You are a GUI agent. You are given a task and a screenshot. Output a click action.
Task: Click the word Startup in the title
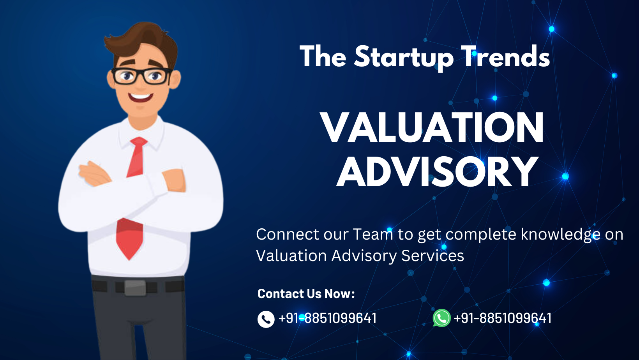[404, 58]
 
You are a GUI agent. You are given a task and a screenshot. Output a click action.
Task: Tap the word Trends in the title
[505, 56]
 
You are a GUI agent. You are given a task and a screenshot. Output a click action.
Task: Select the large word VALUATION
[432, 127]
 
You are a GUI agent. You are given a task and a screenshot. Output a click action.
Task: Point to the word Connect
[288, 234]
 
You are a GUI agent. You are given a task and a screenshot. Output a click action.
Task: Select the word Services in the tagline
[432, 255]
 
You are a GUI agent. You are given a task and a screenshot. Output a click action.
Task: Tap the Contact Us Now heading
[306, 293]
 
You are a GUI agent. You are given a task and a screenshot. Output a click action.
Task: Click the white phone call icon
[266, 319]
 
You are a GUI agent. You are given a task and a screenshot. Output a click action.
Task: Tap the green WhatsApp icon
[441, 318]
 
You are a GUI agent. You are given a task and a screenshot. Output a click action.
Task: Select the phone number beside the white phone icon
[327, 318]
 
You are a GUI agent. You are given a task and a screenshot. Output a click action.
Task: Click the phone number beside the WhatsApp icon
[502, 318]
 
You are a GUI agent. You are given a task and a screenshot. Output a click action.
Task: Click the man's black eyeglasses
[141, 76]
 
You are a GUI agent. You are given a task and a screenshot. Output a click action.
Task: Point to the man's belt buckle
[135, 288]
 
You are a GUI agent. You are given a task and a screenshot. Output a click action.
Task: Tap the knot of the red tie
[139, 142]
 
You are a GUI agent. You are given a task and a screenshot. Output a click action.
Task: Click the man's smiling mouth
[140, 97]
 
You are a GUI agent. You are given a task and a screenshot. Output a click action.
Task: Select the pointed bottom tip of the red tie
[129, 260]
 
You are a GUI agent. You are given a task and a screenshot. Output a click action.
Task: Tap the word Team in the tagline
[373, 234]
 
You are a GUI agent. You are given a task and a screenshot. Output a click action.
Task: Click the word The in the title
[323, 56]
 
